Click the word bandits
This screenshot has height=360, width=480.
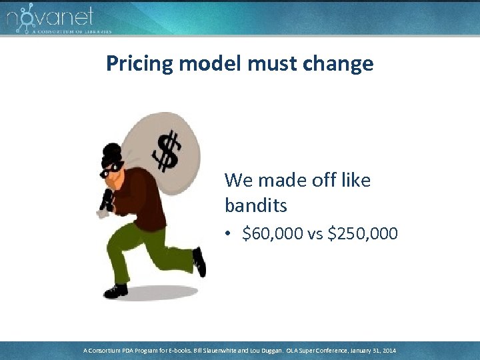coord(256,205)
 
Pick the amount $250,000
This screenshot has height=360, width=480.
coord(363,234)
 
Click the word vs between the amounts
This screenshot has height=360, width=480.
coord(315,235)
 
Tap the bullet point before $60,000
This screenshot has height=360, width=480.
coord(229,235)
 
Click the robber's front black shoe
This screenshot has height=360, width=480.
coord(115,291)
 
